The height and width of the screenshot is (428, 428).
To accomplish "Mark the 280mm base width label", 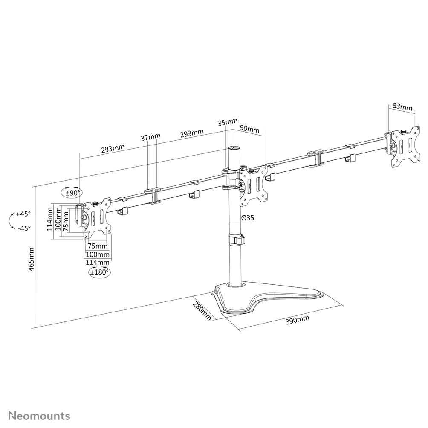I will click(202, 311).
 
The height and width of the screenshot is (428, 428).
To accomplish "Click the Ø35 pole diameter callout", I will click(247, 218).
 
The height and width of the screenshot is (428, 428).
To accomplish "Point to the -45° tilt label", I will click(24, 228).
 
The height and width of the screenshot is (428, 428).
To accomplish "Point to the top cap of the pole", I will click(234, 149).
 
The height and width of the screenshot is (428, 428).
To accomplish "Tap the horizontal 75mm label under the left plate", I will click(98, 246).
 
